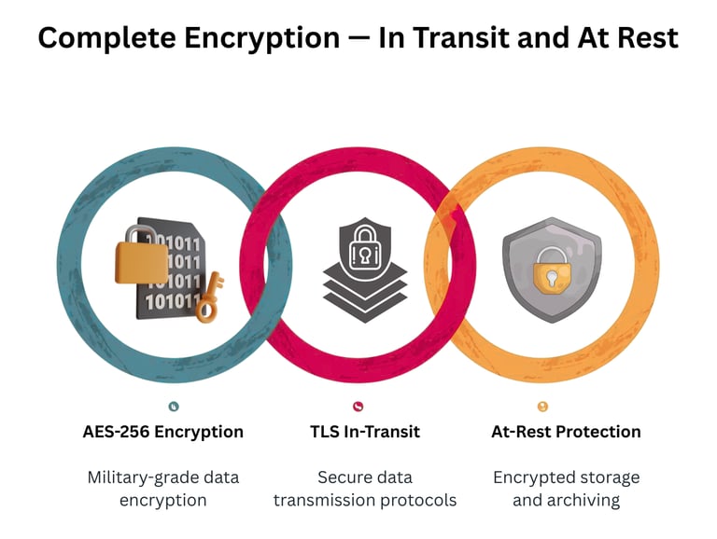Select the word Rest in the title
click(x=646, y=38)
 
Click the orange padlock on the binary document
click(x=142, y=254)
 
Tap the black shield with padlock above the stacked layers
click(x=364, y=244)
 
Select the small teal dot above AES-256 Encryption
click(x=174, y=406)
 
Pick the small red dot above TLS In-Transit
click(x=358, y=406)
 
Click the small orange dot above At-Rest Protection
click(x=543, y=406)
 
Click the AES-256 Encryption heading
click(x=163, y=432)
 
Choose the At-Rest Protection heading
click(x=566, y=432)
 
